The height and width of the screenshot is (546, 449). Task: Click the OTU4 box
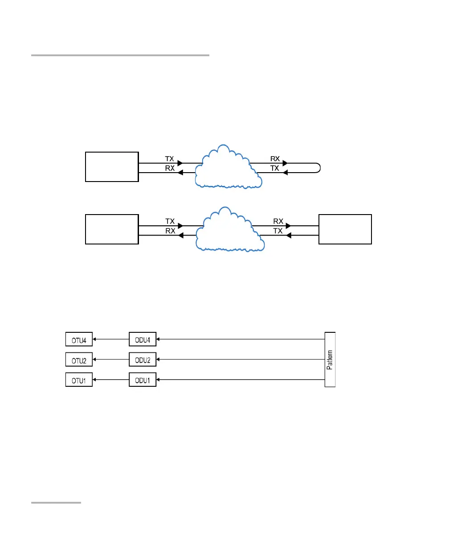tap(79, 339)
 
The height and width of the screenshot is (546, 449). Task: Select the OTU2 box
tap(79, 360)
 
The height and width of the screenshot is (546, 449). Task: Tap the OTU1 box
tap(79, 380)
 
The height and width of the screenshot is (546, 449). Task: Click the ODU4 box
tap(143, 339)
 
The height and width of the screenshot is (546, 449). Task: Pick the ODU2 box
tap(143, 360)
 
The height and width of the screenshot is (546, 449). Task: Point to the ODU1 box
tap(143, 380)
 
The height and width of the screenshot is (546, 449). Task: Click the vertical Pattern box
tap(330, 359)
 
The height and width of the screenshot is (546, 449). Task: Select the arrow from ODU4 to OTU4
tap(110, 339)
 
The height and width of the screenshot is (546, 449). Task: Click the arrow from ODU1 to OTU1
tap(110, 380)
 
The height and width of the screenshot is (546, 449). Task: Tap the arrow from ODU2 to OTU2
tap(110, 360)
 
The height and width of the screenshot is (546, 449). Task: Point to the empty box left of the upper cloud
tap(112, 167)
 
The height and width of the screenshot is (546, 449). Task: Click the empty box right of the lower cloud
tap(345, 229)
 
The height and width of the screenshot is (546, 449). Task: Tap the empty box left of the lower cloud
tap(112, 229)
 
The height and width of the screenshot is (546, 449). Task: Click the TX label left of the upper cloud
tap(170, 158)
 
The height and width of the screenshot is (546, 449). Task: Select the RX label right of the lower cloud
tap(278, 221)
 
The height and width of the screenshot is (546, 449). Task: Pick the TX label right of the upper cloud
tap(275, 168)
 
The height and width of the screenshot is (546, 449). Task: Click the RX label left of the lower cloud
tap(170, 231)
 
